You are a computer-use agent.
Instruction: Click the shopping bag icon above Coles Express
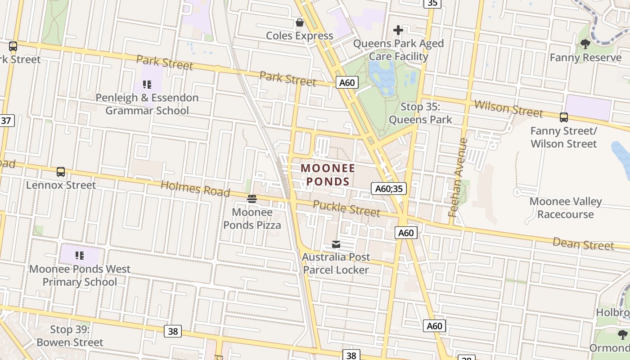pyautogui.click(x=299, y=22)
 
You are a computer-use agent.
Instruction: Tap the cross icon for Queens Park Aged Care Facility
pyautogui.click(x=398, y=30)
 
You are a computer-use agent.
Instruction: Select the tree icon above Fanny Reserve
pyautogui.click(x=585, y=44)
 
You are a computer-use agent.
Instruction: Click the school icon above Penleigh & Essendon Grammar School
pyautogui.click(x=147, y=84)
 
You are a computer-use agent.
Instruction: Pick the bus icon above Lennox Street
pyautogui.click(x=61, y=172)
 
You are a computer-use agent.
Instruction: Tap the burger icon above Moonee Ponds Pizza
pyautogui.click(x=252, y=198)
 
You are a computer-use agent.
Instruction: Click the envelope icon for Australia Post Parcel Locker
pyautogui.click(x=336, y=244)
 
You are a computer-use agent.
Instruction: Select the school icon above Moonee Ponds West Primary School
pyautogui.click(x=80, y=256)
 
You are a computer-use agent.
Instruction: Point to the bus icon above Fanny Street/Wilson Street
pyautogui.click(x=563, y=117)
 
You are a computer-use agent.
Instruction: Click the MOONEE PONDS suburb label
pyautogui.click(x=328, y=175)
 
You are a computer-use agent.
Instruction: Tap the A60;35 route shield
pyautogui.click(x=389, y=189)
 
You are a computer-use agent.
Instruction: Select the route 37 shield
pyautogui.click(x=6, y=121)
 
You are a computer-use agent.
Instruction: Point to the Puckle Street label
pyautogui.click(x=346, y=208)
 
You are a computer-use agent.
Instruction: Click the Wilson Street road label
pyautogui.click(x=508, y=108)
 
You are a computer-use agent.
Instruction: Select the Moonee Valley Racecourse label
pyautogui.click(x=565, y=208)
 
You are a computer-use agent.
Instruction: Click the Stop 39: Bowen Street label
pyautogui.click(x=70, y=336)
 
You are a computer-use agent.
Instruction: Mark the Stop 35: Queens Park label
pyautogui.click(x=420, y=113)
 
